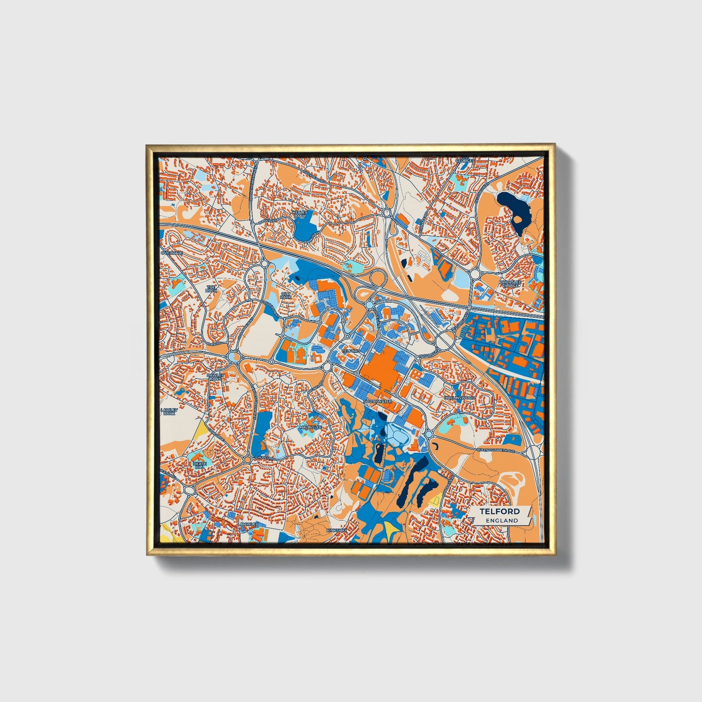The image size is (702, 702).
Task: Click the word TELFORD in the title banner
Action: [499, 512]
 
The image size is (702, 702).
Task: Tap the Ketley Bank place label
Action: [300, 214]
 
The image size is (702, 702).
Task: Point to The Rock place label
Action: [210, 289]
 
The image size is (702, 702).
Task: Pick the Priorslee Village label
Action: [509, 283]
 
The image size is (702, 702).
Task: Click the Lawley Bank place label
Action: [169, 412]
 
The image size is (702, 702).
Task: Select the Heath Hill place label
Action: [200, 465]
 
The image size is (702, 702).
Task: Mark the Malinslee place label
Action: [310, 427]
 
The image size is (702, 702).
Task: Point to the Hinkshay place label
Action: [337, 530]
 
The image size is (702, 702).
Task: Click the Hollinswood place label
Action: [459, 398]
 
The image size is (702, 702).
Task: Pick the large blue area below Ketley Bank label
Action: [305, 226]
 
